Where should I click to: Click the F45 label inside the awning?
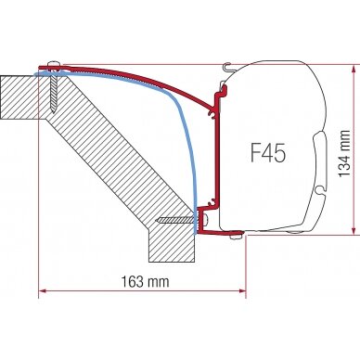point(268,153)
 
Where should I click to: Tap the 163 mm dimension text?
point(145,281)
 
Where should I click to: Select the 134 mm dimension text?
point(344,153)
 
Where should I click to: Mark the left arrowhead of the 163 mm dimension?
point(43,290)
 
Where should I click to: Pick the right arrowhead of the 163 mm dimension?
point(241,290)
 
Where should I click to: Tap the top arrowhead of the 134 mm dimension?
point(354,70)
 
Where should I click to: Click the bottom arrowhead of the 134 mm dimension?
point(354,230)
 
